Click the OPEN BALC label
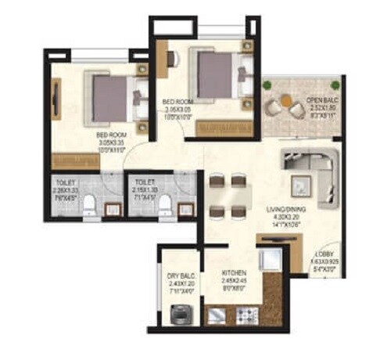tap(321, 100)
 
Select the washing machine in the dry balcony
tap(179, 315)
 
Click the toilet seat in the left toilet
tap(91, 205)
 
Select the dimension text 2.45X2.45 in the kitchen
tap(233, 281)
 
